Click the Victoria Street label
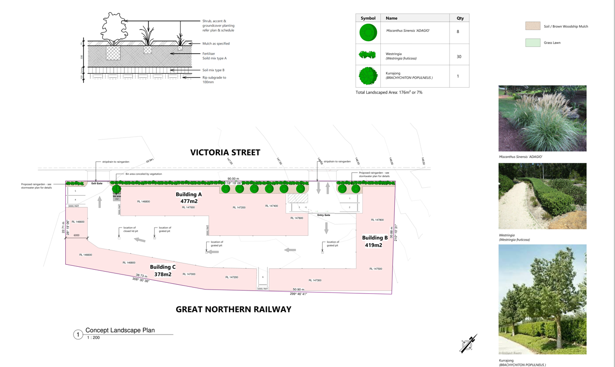coord(225,153)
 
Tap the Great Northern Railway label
coord(233,309)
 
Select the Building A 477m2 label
coord(189,198)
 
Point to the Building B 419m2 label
coord(375,241)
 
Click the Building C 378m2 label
coord(163,271)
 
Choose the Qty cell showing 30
coord(459,57)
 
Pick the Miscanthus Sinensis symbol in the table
coord(368,32)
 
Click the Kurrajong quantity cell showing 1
coord(458,76)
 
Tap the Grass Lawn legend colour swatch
coord(533,43)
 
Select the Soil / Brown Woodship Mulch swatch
coord(533,26)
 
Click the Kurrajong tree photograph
coord(542,299)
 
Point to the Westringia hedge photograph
coord(542,196)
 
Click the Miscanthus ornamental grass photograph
coord(542,119)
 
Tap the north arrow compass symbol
coord(468,343)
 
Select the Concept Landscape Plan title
coord(120,330)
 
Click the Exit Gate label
coord(97,183)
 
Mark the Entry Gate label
coord(324,215)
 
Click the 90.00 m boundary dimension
coord(233,179)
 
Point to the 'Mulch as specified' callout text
coord(216,44)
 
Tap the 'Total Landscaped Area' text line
coord(389,92)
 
